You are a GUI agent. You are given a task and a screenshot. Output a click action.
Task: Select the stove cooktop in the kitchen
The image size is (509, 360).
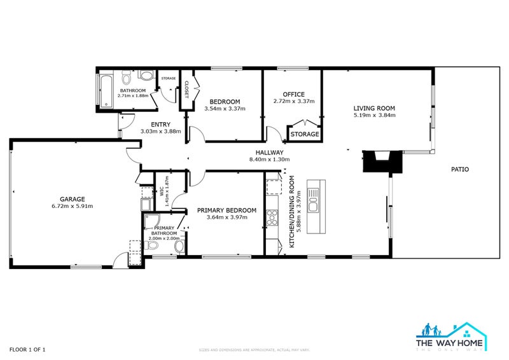[x=272, y=218]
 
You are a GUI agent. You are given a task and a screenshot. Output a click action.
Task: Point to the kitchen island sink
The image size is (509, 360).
[x=312, y=205]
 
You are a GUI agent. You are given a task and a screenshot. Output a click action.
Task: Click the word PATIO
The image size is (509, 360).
[x=460, y=170]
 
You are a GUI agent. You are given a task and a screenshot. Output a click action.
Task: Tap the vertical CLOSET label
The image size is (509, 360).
[x=186, y=88]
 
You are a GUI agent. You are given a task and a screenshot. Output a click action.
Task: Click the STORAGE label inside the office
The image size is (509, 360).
[x=305, y=134]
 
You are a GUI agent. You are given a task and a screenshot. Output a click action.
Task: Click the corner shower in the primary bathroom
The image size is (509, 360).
[x=152, y=220]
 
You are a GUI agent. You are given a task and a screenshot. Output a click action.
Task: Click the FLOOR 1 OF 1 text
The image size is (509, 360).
[x=27, y=349]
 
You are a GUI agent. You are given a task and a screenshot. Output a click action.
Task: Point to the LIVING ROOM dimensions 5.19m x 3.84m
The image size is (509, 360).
[x=375, y=115]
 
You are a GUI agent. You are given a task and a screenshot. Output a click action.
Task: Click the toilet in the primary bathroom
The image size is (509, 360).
[x=179, y=246]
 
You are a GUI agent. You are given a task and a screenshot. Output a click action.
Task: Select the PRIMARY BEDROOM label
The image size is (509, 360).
[x=227, y=211]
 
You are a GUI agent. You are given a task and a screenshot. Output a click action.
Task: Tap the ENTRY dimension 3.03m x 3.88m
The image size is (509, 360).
[x=160, y=132]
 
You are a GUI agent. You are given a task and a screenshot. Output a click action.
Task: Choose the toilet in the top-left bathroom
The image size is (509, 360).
[x=127, y=78]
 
